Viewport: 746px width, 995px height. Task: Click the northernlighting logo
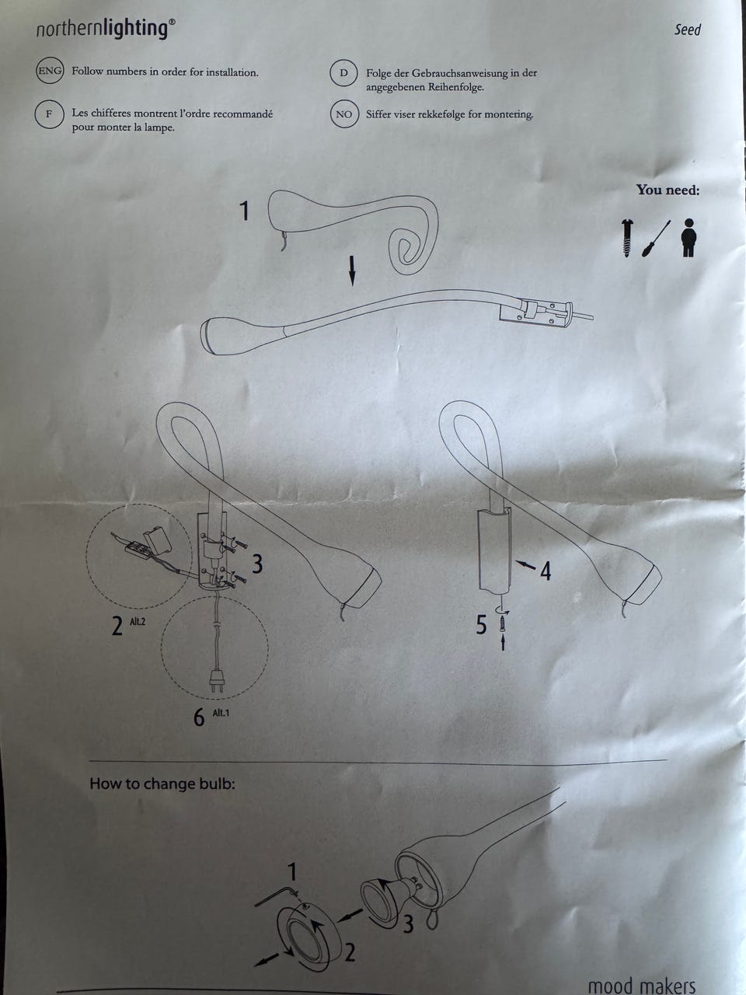106,30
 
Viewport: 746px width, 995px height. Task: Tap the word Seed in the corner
688,30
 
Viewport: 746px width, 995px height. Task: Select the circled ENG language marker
50,71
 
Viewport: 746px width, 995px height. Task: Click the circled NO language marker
344,114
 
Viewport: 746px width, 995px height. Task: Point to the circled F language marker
49,113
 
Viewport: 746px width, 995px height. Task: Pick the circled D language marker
344,72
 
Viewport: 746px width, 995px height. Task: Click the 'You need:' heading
668,190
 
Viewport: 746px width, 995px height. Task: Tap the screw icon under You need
627,239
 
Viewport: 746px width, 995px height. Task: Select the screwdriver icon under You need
655,239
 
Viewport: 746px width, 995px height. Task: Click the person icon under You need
689,238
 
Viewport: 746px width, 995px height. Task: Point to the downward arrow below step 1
352,271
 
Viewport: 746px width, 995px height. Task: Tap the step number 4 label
546,571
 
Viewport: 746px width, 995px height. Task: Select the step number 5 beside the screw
481,625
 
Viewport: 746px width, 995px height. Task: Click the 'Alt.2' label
138,621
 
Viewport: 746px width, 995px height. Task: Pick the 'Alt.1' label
221,713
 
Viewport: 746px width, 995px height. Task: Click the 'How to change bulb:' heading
162,784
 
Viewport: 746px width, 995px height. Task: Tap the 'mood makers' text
641,986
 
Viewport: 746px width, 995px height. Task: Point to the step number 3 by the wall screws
257,564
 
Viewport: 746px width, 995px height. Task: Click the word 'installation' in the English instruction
231,72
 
